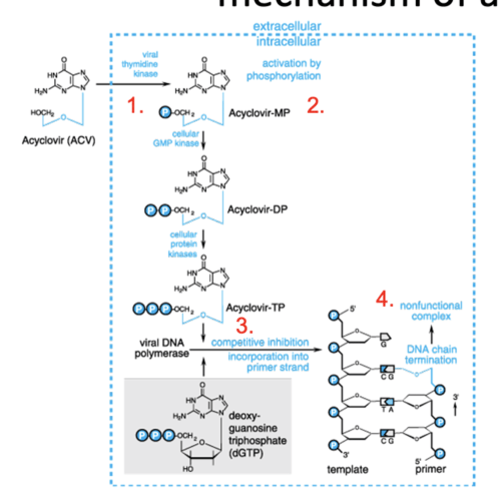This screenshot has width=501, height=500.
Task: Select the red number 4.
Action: pyautogui.click(x=384, y=299)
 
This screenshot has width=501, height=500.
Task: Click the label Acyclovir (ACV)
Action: pyautogui.click(x=58, y=140)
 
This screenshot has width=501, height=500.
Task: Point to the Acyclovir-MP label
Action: pyautogui.click(x=259, y=113)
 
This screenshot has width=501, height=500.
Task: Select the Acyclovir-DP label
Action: pyautogui.click(x=257, y=209)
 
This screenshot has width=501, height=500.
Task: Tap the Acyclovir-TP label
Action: pyautogui.click(x=255, y=308)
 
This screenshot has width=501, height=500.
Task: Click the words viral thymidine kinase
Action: pyautogui.click(x=140, y=64)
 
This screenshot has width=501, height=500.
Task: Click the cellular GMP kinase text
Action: pyautogui.click(x=177, y=139)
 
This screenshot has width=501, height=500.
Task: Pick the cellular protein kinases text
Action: pyautogui.click(x=183, y=244)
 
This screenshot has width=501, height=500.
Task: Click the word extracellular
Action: pyautogui.click(x=287, y=26)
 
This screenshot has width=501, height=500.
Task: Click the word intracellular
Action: pyautogui.click(x=288, y=42)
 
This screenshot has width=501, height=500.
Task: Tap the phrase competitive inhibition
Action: pyautogui.click(x=260, y=342)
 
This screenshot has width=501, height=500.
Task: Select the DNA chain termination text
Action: pyautogui.click(x=431, y=355)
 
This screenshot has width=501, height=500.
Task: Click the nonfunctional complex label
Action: pyautogui.click(x=431, y=311)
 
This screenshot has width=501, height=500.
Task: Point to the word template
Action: pyautogui.click(x=347, y=470)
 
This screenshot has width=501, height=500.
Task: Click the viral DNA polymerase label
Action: pyautogui.click(x=161, y=348)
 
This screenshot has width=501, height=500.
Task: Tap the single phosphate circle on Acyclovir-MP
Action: pyautogui.click(x=165, y=112)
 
